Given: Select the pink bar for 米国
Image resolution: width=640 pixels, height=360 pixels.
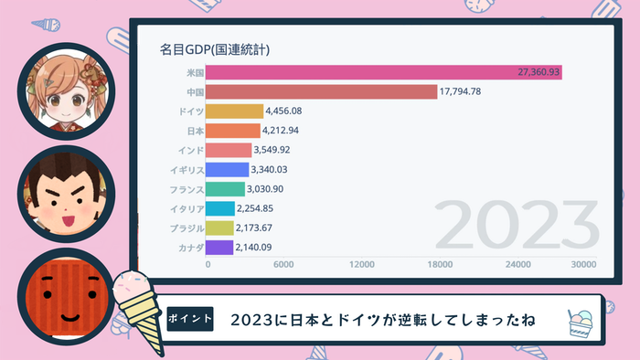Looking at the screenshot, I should coord(384,72).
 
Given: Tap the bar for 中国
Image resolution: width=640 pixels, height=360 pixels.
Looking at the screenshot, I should coord(322,91).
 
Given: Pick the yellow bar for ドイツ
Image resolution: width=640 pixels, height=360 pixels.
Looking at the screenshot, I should coord(234,111).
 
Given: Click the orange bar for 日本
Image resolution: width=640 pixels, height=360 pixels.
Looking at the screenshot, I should coord(233,131).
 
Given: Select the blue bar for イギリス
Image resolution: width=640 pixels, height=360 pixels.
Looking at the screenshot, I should coord(228,169).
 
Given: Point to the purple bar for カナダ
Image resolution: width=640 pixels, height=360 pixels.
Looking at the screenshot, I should coord(220,247).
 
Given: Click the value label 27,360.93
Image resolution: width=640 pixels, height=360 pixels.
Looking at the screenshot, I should coord(538,72).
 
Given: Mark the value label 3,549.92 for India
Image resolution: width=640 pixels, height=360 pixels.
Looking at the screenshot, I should coord(277,150).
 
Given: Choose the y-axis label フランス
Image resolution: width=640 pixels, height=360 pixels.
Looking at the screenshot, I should coord(185,189).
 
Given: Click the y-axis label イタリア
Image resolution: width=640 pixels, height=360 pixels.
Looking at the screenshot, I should coord(185,208).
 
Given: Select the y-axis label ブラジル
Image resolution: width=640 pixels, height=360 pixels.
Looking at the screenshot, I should coord(185,228).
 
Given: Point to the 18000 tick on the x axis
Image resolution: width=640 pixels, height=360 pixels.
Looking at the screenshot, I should coord(440,265).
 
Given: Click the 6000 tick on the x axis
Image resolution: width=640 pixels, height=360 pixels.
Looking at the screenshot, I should coord(284,265).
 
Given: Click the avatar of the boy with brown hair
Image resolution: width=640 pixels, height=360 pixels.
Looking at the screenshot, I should coord(64,195).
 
